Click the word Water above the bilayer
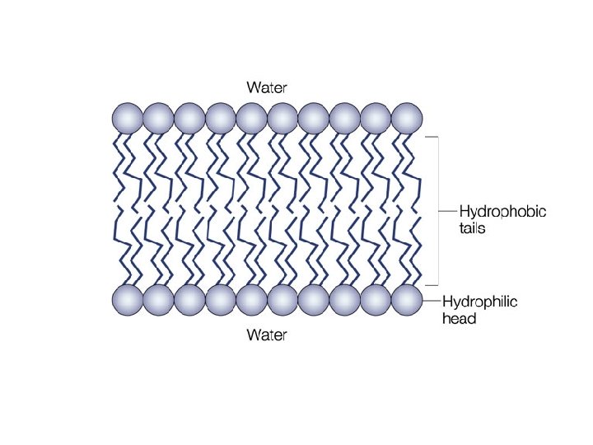pyautogui.click(x=268, y=87)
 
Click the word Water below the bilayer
pyautogui.click(x=268, y=336)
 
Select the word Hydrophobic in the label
pyautogui.click(x=502, y=212)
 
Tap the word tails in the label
pyautogui.click(x=473, y=228)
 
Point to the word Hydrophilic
pyautogui.click(x=480, y=302)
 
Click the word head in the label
pyautogui.click(x=460, y=318)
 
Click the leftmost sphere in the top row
pyautogui.click(x=128, y=118)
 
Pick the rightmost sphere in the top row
pyautogui.click(x=406, y=118)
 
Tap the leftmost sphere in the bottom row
pyautogui.click(x=128, y=301)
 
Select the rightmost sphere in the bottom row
pyautogui.click(x=406, y=301)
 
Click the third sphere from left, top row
pyautogui.click(x=189, y=118)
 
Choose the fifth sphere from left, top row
pyautogui.click(x=251, y=118)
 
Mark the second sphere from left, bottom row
pyautogui.click(x=158, y=301)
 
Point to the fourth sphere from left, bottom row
pyautogui.click(x=220, y=301)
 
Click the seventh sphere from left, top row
pyautogui.click(x=313, y=118)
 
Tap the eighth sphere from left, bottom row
pyautogui.click(x=344, y=301)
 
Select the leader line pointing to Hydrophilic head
pyautogui.click(x=432, y=301)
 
